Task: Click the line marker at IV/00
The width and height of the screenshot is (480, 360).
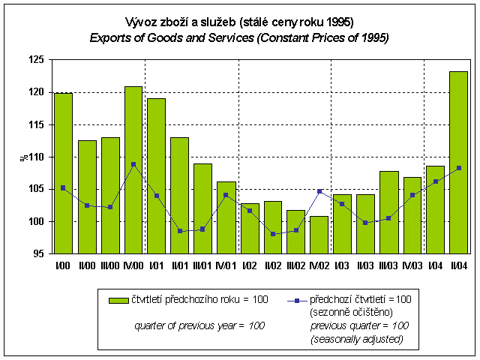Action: pos(133,164)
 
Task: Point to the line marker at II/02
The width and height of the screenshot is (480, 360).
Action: pos(272,234)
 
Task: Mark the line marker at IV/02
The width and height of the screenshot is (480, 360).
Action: pos(319,191)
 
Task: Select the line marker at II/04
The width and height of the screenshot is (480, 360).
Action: pos(458,168)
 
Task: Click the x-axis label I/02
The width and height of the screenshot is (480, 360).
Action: pos(249,264)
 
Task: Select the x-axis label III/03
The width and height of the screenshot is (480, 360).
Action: pos(388,264)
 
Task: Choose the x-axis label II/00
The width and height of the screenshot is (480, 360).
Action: pos(86,264)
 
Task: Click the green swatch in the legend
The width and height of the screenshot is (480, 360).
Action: pos(118,300)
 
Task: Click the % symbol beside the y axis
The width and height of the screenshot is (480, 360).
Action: pos(22,157)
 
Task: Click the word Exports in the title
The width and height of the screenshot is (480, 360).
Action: pos(112,37)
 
